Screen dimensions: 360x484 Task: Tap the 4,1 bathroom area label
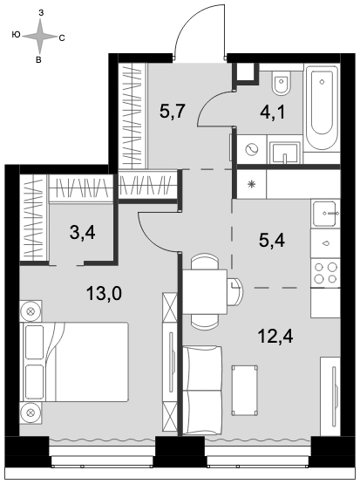(272, 112)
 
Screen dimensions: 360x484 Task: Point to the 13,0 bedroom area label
(104, 293)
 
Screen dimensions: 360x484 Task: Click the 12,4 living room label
(275, 337)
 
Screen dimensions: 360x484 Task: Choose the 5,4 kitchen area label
(272, 240)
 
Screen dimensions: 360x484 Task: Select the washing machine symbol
(251, 149)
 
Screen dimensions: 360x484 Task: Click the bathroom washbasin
(285, 153)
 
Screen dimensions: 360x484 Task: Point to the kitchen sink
(324, 214)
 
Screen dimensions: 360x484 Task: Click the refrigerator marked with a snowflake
(251, 184)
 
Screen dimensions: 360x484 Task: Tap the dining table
(205, 291)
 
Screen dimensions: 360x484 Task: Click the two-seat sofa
(202, 391)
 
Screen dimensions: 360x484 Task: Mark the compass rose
(39, 36)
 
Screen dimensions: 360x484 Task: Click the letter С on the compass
(62, 38)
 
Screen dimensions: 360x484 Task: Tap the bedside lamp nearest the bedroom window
(31, 412)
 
